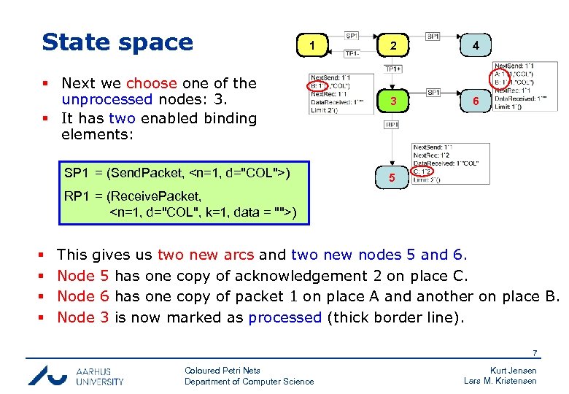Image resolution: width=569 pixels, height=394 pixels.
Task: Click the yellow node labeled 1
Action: coord(312,45)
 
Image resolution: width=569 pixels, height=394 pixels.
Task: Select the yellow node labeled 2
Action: coord(393,45)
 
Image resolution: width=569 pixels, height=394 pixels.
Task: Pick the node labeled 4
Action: coord(475,45)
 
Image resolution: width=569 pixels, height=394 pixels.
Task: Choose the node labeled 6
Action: coord(475,101)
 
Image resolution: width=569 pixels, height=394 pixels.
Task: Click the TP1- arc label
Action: coord(352,53)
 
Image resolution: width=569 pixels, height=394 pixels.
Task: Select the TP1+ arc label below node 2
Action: coord(392,69)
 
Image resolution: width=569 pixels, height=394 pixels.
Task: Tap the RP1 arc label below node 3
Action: coord(392,125)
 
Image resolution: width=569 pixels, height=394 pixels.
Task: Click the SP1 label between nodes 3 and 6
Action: coord(433,93)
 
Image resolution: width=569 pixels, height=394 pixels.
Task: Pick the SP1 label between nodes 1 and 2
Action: coord(352,35)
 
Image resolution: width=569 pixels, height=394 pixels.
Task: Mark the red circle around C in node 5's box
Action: coord(422,171)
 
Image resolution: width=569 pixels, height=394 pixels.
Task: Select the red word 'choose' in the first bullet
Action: coord(152,83)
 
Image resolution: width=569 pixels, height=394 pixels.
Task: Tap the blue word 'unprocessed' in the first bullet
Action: coord(107,100)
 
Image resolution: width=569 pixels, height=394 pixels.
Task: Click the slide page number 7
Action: coord(535,354)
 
